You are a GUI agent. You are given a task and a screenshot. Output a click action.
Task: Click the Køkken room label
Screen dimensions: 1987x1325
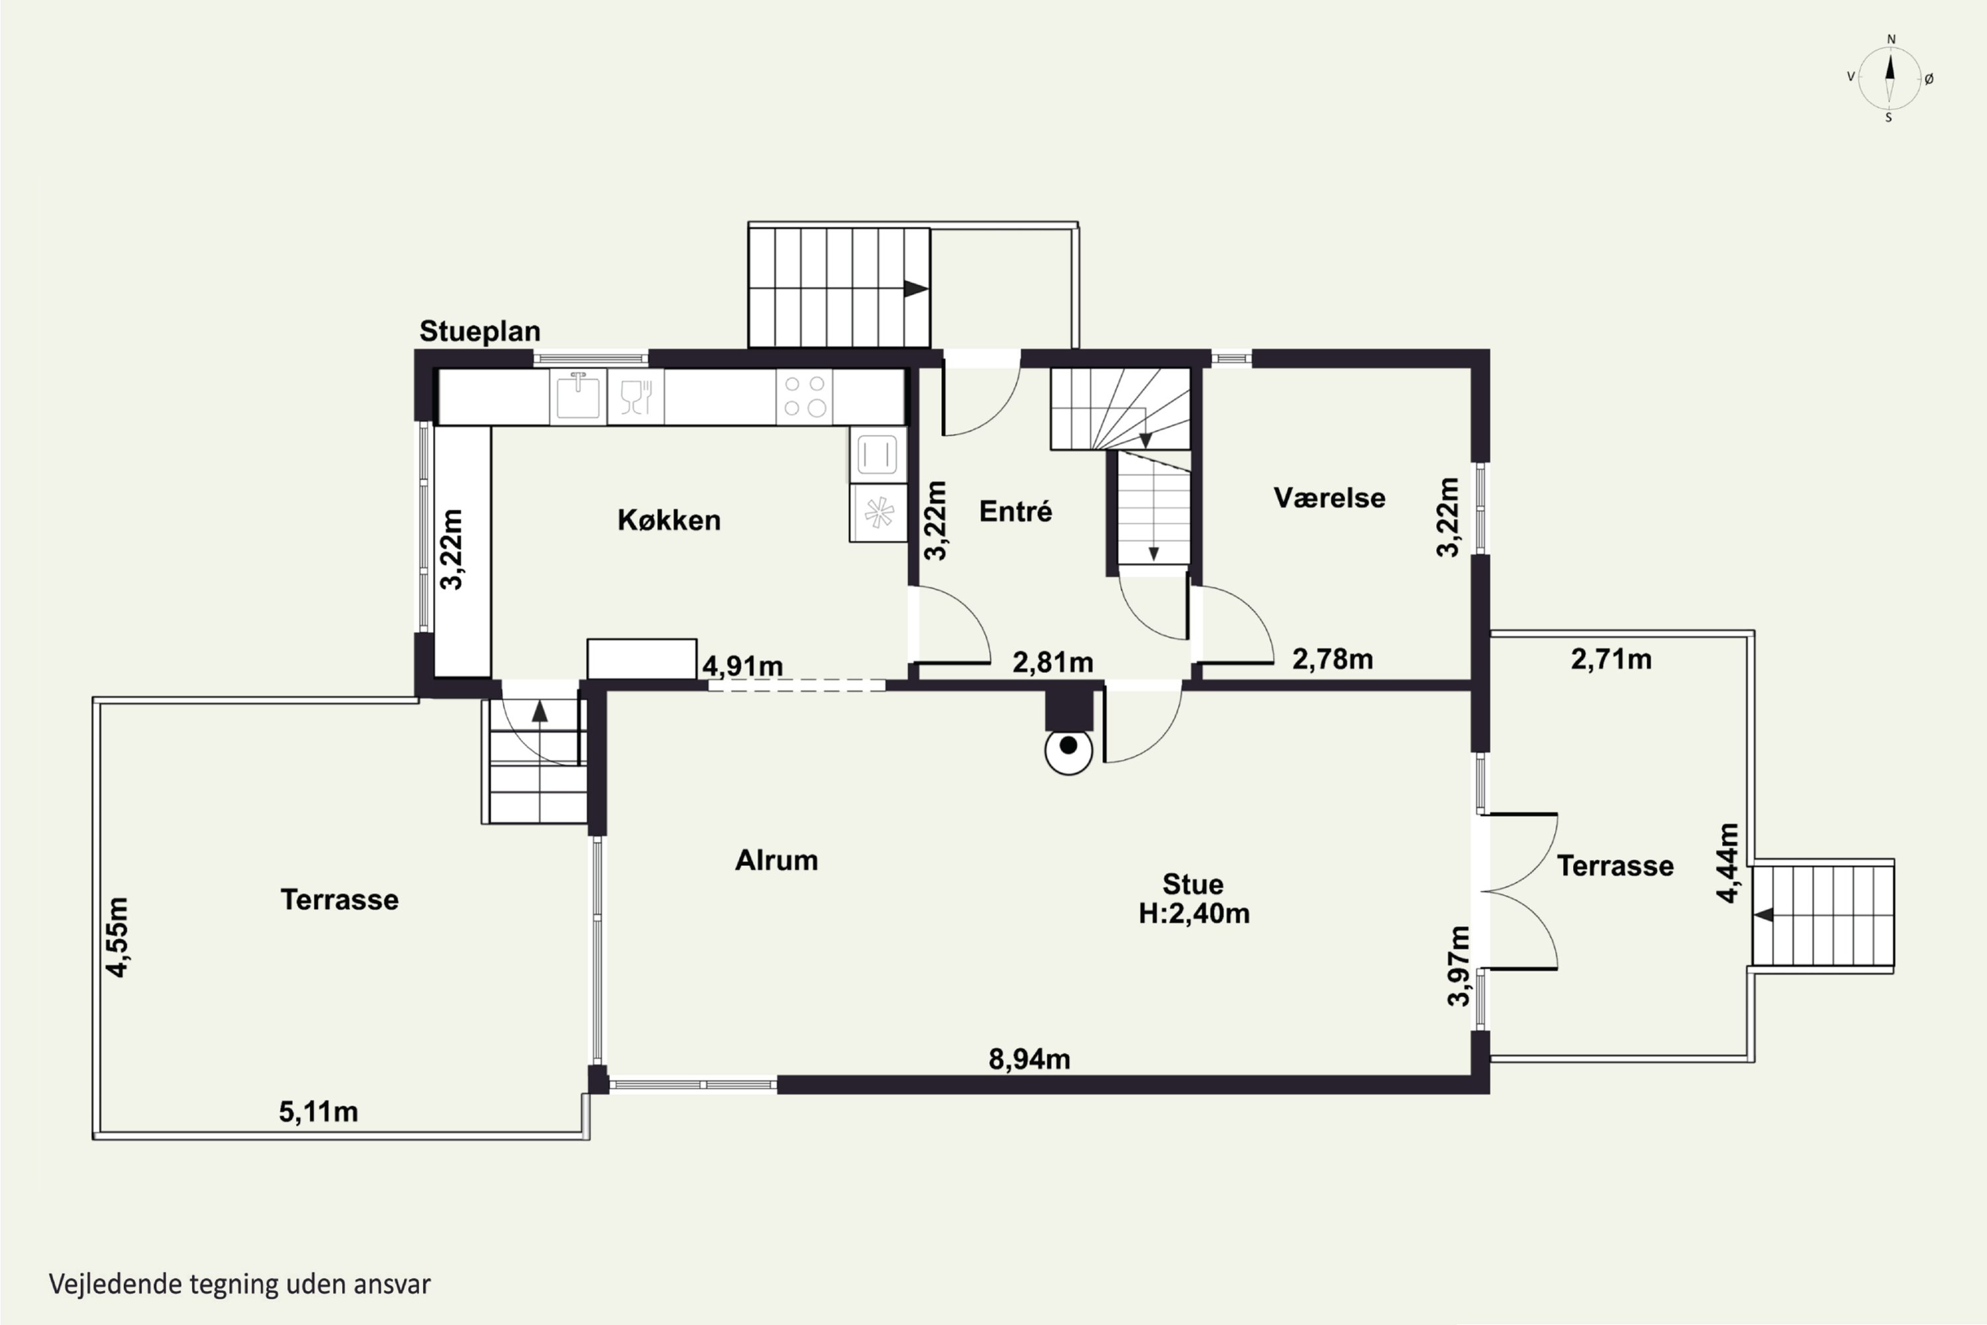coord(669,519)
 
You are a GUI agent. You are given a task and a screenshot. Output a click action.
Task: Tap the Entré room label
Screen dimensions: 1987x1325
coord(1015,511)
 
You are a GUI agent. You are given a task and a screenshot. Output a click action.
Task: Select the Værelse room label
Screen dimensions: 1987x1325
coord(1330,498)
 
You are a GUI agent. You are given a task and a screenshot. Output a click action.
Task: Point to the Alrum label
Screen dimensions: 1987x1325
coord(776,860)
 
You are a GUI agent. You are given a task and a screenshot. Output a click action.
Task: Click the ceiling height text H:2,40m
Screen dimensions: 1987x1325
coord(1194,914)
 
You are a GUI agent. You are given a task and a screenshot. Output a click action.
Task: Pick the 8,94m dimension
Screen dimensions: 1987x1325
coord(1029,1059)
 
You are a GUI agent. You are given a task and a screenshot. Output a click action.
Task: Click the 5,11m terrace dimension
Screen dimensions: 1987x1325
coord(319,1111)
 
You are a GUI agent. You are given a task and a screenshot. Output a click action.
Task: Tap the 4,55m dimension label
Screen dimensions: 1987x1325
coord(117,937)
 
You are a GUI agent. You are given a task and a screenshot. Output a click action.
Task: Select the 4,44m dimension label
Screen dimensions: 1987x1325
coord(1729,863)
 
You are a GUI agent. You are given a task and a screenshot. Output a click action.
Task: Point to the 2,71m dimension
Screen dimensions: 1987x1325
coord(1611,659)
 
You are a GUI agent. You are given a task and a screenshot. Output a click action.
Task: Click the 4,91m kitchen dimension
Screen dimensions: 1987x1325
coord(742,666)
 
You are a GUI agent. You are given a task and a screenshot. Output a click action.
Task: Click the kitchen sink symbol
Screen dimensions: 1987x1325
coord(578,396)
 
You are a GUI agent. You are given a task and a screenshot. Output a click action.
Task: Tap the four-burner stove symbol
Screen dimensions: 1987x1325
coord(804,396)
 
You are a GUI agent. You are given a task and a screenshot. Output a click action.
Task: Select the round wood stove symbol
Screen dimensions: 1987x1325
coord(1069,751)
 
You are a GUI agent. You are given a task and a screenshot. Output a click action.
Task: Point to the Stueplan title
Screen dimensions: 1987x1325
coord(480,331)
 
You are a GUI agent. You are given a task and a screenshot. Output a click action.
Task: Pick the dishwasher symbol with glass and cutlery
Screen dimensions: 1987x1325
coord(635,396)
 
